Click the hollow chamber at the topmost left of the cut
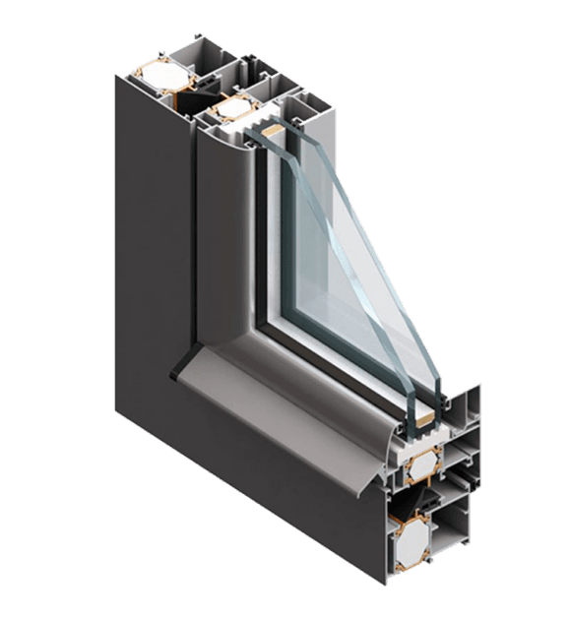pyautogui.click(x=196, y=59)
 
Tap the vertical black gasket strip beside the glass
pyautogui.click(x=258, y=236)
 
